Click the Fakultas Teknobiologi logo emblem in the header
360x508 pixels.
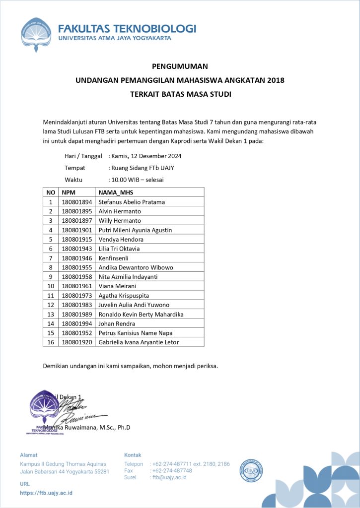tap(36, 35)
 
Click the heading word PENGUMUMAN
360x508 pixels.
tap(180, 66)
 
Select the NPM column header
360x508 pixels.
tap(68, 192)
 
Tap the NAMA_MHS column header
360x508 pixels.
tap(116, 192)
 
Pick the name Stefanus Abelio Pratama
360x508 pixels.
tap(132, 202)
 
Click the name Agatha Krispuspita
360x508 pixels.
tap(124, 295)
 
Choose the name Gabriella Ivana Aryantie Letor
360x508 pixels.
tap(139, 342)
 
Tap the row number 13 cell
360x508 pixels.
tap(51, 314)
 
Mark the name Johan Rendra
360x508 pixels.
tap(117, 323)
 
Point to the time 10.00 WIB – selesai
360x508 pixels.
tap(138, 180)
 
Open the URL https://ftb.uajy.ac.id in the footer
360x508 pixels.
tap(46, 493)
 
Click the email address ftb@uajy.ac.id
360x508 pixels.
tap(169, 477)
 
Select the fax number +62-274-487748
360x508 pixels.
tap(173, 470)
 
